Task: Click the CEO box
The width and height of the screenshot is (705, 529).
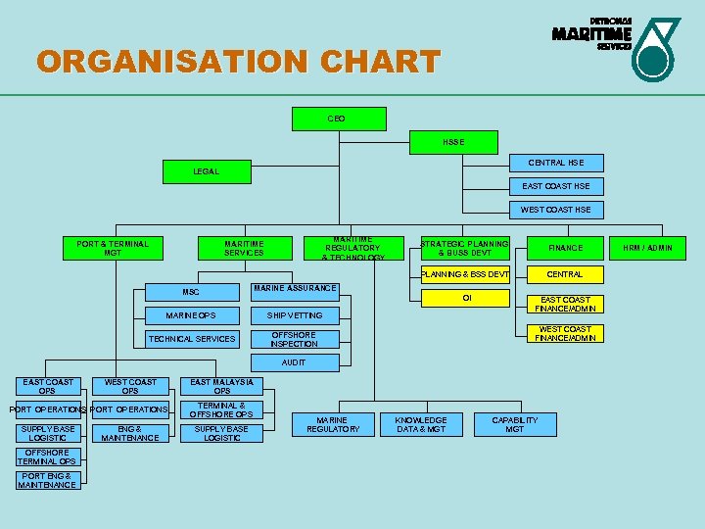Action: click(x=337, y=119)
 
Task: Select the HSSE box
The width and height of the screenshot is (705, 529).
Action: click(x=453, y=142)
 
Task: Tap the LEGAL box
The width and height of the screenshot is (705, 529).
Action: click(x=206, y=172)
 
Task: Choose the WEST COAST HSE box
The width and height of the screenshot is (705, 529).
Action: click(x=555, y=210)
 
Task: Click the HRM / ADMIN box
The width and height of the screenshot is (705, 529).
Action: click(x=649, y=248)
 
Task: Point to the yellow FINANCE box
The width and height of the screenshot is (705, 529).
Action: click(x=565, y=248)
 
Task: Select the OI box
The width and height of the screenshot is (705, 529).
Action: click(x=466, y=297)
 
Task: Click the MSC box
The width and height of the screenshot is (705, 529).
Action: click(x=191, y=292)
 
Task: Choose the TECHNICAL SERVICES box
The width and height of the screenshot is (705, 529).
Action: click(x=192, y=339)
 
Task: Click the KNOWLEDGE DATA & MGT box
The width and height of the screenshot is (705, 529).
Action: click(x=422, y=424)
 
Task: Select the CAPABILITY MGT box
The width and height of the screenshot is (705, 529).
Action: click(x=514, y=424)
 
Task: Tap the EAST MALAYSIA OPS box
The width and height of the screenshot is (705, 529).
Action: click(x=222, y=386)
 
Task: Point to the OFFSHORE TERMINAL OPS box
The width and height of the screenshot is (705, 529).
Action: click(x=46, y=457)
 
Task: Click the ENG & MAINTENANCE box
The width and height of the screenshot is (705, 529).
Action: click(x=130, y=433)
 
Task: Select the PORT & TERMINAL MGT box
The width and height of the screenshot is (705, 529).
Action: click(x=113, y=248)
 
